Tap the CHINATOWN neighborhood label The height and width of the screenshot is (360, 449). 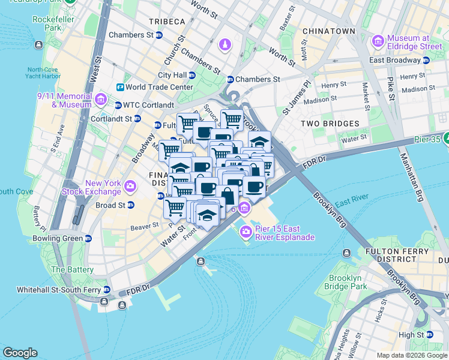[x=328, y=31]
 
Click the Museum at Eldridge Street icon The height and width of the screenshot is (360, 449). [x=378, y=41]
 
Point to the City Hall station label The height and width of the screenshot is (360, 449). [x=172, y=75]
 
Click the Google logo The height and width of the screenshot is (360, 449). [x=20, y=352]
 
